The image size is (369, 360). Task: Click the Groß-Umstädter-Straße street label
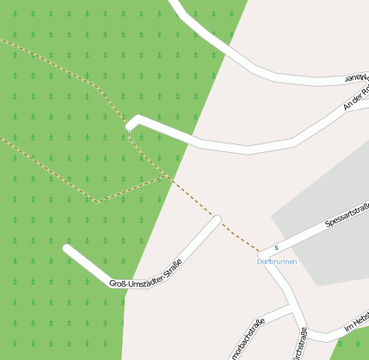(x=145, y=274)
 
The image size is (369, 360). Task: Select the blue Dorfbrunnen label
(x=276, y=260)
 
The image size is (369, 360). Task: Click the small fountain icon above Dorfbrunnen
(x=276, y=248)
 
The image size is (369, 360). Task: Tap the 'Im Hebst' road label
(x=355, y=325)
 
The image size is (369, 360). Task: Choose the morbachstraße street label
(x=247, y=339)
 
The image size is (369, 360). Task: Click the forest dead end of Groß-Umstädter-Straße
(x=67, y=249)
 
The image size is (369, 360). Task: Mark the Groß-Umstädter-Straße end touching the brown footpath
(x=217, y=220)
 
